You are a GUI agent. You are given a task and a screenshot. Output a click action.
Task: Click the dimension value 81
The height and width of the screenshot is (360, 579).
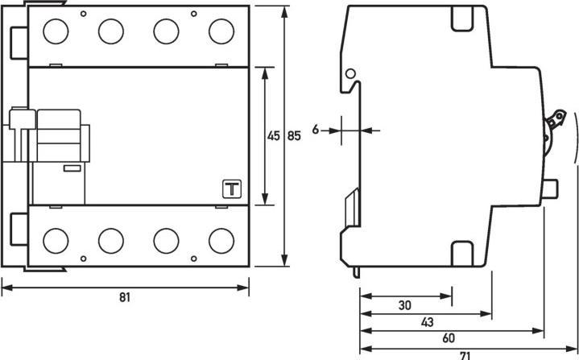coord(124,297)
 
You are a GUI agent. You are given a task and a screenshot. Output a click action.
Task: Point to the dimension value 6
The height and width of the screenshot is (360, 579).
coord(316,129)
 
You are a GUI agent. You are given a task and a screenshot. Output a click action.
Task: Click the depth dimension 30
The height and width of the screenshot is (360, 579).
coord(404,306)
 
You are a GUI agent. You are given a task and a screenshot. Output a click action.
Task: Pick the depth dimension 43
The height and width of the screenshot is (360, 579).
coord(427,322)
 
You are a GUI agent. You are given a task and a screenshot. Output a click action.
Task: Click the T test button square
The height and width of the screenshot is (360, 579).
coord(231,189)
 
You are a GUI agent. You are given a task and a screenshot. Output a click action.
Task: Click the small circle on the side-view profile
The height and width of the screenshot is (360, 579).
coord(350,75)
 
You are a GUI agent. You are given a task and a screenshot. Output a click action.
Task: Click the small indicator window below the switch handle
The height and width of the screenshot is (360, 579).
coord(71,168)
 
